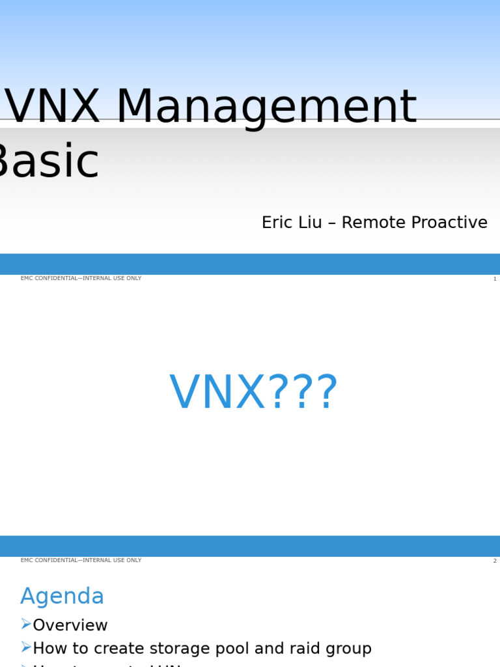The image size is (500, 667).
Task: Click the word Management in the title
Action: click(x=266, y=107)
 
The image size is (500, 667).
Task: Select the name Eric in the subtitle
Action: click(x=275, y=223)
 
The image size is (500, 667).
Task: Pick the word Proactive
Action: click(x=447, y=223)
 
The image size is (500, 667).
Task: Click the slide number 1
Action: click(x=494, y=279)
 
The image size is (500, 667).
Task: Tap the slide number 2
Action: click(x=494, y=561)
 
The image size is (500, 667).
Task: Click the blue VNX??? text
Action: click(x=253, y=393)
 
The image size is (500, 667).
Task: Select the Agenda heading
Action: click(x=62, y=596)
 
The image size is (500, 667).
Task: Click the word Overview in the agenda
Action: click(x=70, y=625)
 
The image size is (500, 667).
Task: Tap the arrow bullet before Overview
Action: click(x=26, y=625)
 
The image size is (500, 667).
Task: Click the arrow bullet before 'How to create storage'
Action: click(x=26, y=647)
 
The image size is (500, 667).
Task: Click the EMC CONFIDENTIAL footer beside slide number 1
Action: click(x=81, y=279)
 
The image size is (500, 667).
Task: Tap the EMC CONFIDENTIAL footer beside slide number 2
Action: click(x=81, y=560)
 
